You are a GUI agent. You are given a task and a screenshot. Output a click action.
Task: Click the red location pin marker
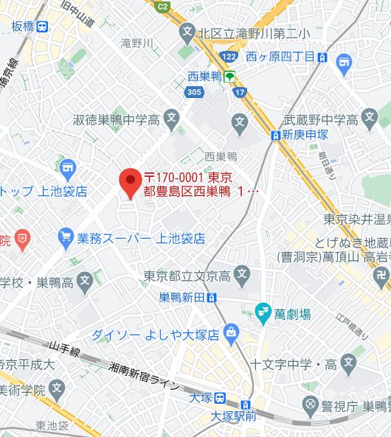click(131, 181)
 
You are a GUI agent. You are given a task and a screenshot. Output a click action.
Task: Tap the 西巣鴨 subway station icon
click(230, 76)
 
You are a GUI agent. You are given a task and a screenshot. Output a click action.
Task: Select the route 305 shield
click(194, 92)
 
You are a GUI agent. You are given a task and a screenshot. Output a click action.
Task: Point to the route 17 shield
click(241, 92)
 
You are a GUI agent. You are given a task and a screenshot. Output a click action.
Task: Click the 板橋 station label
click(30, 27)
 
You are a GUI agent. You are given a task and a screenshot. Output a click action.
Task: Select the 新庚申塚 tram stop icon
click(275, 135)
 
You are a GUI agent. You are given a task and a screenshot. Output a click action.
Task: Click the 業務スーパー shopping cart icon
click(66, 238)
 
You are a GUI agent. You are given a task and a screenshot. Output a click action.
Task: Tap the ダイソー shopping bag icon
click(232, 333)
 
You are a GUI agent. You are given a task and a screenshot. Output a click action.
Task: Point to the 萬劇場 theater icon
click(262, 313)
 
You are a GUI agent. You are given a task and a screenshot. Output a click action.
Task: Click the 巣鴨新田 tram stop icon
click(212, 298)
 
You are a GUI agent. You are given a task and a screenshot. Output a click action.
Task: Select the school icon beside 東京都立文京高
click(241, 276)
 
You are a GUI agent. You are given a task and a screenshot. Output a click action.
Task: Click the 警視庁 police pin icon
click(310, 405)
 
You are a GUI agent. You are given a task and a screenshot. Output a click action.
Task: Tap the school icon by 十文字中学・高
click(348, 363)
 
